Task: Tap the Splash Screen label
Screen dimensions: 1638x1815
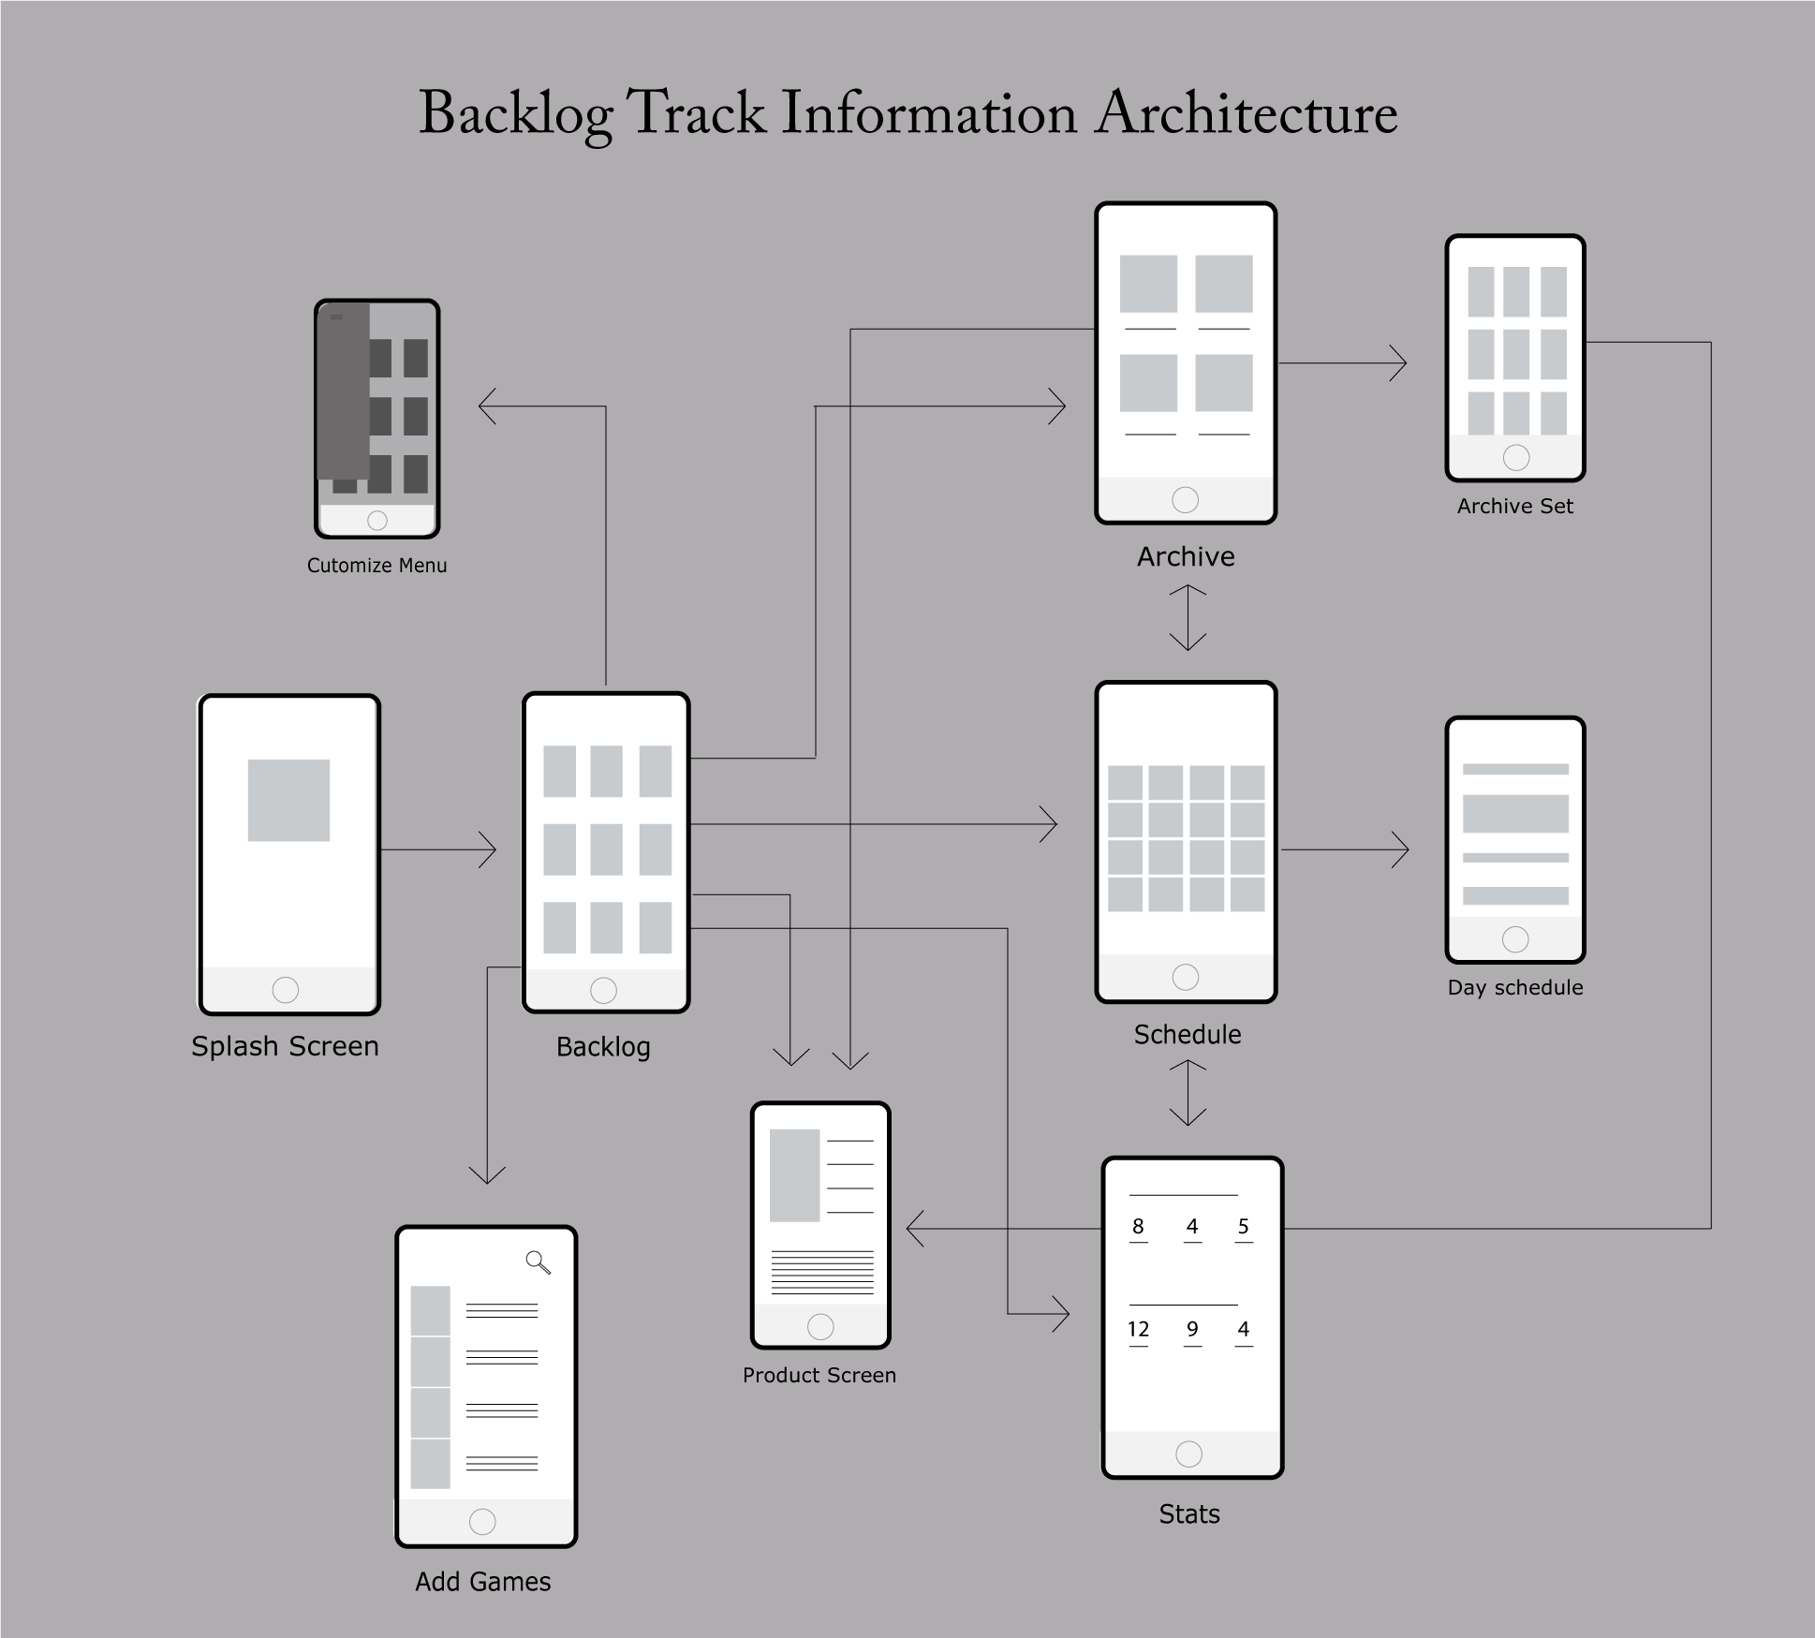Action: click(285, 1046)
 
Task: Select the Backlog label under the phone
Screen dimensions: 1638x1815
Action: click(603, 1047)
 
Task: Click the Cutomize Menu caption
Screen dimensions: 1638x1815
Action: click(376, 566)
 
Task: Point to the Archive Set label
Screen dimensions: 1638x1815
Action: click(1514, 507)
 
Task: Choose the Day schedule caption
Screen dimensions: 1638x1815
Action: click(1514, 987)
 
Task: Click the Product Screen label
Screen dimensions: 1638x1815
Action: click(819, 1375)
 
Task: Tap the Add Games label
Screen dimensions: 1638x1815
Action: click(483, 1582)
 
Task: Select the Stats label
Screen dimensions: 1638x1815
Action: click(1189, 1514)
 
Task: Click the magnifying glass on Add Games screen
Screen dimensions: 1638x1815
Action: click(538, 1262)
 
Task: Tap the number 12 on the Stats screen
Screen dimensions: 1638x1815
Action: click(1138, 1329)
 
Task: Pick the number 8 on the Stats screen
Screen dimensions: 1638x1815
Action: click(1138, 1227)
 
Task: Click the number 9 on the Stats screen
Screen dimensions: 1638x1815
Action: click(1192, 1329)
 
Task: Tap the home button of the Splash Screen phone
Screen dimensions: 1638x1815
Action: click(286, 990)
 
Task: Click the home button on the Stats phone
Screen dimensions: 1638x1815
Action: click(1188, 1454)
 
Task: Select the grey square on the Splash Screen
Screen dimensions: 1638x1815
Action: click(288, 800)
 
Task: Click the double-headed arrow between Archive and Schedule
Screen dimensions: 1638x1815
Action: click(1188, 617)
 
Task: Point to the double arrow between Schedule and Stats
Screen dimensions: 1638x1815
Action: click(1188, 1092)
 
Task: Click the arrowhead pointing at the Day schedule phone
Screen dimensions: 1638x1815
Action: click(1400, 849)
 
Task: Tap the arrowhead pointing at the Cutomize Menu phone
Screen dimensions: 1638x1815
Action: click(487, 406)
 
